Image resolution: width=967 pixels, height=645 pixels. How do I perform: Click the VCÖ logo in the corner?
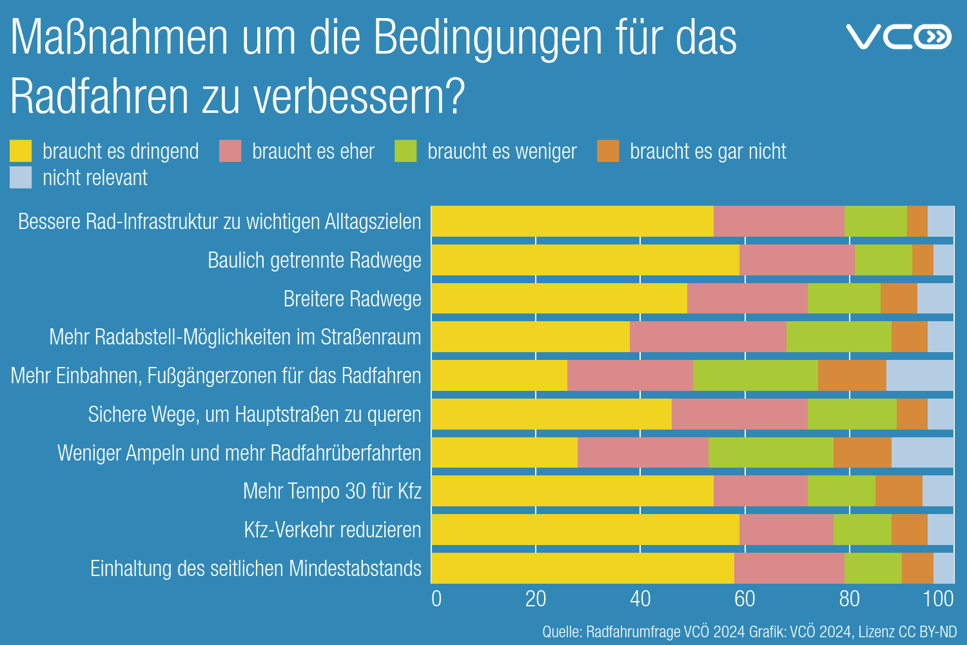point(899,37)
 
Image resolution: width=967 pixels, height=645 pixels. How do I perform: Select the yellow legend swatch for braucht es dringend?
point(21,151)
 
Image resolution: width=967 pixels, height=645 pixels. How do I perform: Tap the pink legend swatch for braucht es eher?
point(230,151)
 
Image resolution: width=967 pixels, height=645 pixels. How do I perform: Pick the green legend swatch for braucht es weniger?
point(405,151)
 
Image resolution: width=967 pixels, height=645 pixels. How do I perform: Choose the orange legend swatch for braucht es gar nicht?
point(608,151)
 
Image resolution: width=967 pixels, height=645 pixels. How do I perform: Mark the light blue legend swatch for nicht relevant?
point(21,177)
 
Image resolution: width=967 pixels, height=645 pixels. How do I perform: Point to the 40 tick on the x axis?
point(640,599)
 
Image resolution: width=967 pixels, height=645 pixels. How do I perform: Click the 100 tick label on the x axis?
point(938,599)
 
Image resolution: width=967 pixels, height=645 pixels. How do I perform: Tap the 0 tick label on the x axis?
point(436,599)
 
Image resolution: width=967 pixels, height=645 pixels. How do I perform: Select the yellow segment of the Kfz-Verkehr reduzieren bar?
point(585,530)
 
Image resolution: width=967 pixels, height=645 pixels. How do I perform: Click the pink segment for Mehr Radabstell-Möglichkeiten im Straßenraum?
point(708,337)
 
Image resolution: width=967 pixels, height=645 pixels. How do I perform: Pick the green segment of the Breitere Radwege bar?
point(844,299)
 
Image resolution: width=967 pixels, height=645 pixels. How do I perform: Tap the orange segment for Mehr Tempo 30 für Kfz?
point(899,491)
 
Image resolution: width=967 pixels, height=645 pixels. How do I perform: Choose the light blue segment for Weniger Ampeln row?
point(923,453)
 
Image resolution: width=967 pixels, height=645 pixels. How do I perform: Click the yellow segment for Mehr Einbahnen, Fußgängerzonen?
point(500,375)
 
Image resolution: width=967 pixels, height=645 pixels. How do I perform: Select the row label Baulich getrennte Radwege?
point(314,260)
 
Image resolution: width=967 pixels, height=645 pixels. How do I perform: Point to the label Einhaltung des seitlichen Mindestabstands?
point(255,568)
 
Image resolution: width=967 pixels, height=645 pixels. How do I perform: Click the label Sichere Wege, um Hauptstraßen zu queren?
point(254,414)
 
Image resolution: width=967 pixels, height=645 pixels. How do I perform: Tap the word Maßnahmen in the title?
point(120,37)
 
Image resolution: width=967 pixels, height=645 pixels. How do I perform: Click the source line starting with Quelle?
point(749,631)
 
